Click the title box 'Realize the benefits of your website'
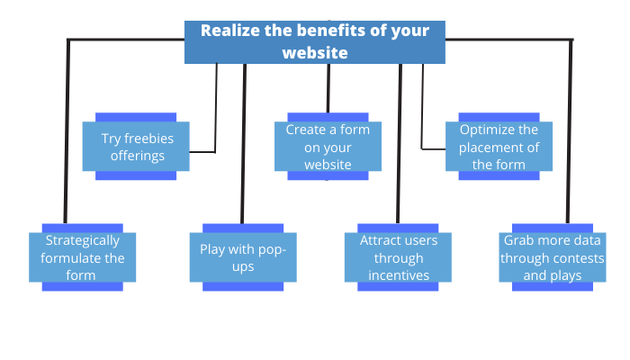314,42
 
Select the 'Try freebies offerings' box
137,147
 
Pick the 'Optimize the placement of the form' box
499,147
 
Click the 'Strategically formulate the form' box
82,257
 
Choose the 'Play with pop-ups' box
243,257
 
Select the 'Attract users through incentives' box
399,257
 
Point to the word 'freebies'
148,139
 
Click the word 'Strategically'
82,241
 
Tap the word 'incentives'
399,274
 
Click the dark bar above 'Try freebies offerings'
137,117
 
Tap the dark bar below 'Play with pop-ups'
243,287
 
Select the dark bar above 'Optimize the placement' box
499,117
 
